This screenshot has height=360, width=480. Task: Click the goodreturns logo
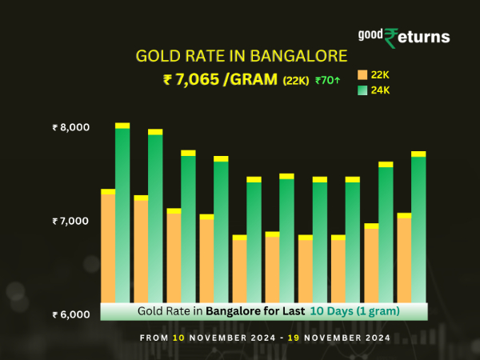[x=404, y=36]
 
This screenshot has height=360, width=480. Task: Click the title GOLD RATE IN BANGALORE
[x=242, y=57]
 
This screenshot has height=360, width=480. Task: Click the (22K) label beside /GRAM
[x=295, y=81]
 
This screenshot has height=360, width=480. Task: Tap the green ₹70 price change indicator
[x=329, y=81]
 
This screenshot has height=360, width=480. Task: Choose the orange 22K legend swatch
[x=362, y=74]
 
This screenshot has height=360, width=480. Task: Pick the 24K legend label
[x=381, y=90]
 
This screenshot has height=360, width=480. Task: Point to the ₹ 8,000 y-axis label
[x=71, y=127]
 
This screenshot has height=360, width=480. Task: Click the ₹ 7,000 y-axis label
[x=71, y=221]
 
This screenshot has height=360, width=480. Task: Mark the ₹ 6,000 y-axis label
[x=71, y=314]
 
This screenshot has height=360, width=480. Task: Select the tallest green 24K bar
[x=122, y=216]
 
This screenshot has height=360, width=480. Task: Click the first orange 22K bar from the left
[x=108, y=248]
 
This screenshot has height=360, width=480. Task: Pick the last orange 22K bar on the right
[x=404, y=260]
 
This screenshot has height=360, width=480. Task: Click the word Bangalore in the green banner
[x=233, y=310]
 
